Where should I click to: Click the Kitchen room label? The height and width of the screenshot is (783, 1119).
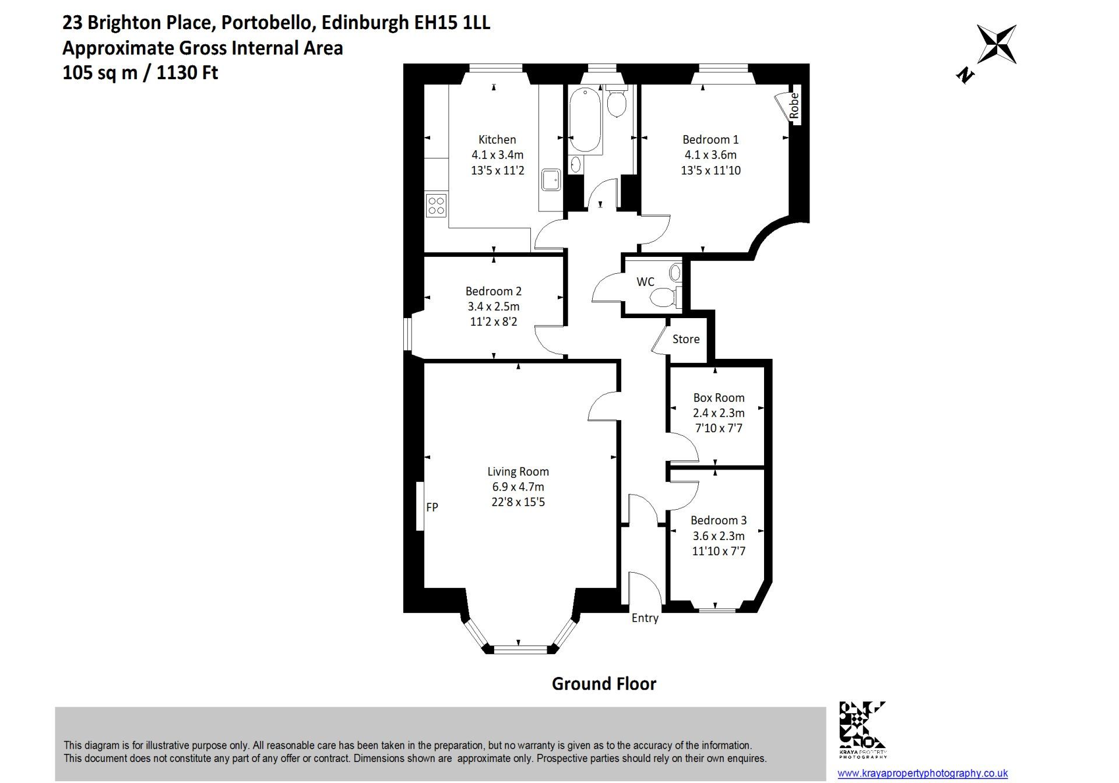(x=497, y=140)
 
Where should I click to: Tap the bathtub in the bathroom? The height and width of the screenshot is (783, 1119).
(x=585, y=120)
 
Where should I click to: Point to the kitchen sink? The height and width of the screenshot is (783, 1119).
(x=551, y=179)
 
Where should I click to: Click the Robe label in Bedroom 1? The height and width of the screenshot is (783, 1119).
(x=794, y=107)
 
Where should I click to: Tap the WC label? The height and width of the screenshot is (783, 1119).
(x=645, y=282)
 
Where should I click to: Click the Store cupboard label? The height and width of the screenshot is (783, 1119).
(x=686, y=339)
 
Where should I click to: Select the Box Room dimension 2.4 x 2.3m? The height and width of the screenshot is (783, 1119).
(x=719, y=413)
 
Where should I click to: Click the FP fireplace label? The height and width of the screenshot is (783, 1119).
(x=432, y=507)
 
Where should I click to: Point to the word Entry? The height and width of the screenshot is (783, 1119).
(x=645, y=618)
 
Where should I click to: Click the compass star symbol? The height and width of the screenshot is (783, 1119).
(x=997, y=44)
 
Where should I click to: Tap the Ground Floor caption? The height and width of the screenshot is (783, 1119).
(x=604, y=684)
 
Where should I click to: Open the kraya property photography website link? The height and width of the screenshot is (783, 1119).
(x=923, y=774)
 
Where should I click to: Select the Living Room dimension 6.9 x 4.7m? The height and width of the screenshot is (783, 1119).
(x=518, y=487)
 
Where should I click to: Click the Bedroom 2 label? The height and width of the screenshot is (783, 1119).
(x=494, y=291)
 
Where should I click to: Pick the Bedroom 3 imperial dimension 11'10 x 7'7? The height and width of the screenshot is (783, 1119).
(x=719, y=551)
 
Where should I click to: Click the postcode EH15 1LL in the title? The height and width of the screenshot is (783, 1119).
(x=452, y=23)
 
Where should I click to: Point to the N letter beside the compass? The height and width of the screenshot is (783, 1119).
(x=965, y=75)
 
